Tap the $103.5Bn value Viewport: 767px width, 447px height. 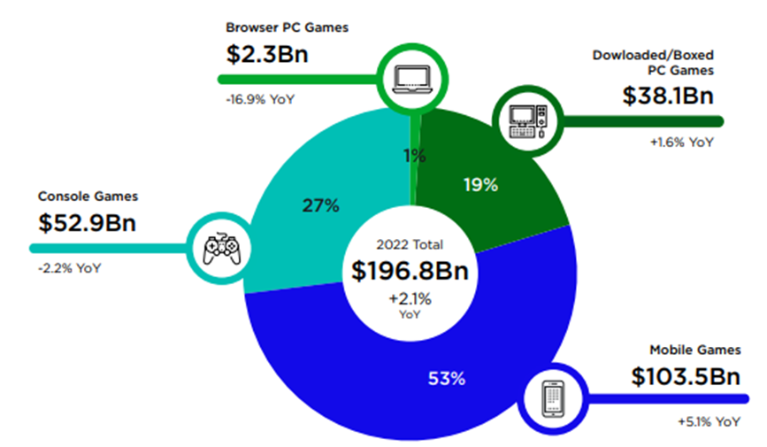click(x=685, y=377)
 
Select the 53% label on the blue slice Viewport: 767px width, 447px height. click(x=446, y=379)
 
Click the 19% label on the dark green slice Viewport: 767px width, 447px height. click(x=481, y=185)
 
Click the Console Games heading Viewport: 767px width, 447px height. click(x=87, y=196)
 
